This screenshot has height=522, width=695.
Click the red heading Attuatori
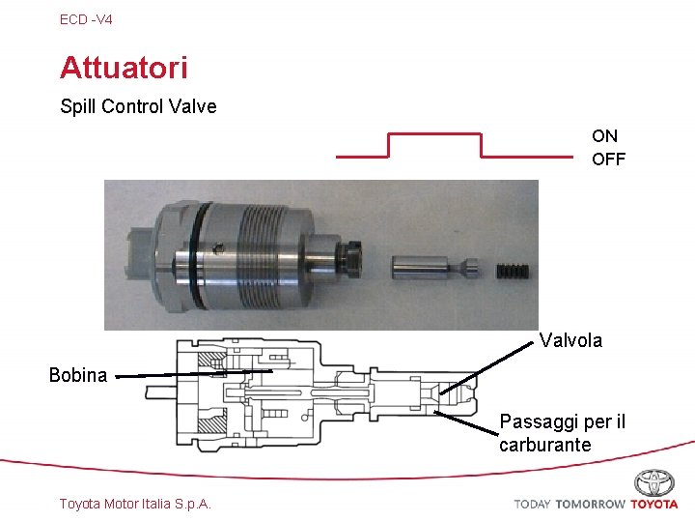pyautogui.click(x=124, y=68)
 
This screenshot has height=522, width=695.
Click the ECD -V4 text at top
pyautogui.click(x=86, y=19)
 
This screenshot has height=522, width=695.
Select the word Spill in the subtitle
pyautogui.click(x=78, y=106)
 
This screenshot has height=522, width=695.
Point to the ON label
pyautogui.click(x=604, y=136)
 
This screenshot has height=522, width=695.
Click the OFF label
pyautogui.click(x=608, y=159)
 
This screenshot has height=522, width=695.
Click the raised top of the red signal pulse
pyautogui.click(x=434, y=133)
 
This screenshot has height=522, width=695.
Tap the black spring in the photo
pyautogui.click(x=513, y=272)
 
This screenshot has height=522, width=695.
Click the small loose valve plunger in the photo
pyautogui.click(x=434, y=268)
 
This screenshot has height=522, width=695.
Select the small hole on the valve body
pyautogui.click(x=217, y=248)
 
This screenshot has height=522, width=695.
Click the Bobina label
pyautogui.click(x=78, y=375)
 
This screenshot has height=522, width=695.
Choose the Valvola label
pyautogui.click(x=570, y=340)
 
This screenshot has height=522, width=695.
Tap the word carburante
pyautogui.click(x=545, y=445)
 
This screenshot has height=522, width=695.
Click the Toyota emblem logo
pyautogui.click(x=654, y=483)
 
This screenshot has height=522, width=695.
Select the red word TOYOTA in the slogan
pyautogui.click(x=654, y=505)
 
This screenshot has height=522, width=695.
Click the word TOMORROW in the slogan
pyautogui.click(x=591, y=505)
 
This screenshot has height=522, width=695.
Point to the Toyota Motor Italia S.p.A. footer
pyautogui.click(x=135, y=504)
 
